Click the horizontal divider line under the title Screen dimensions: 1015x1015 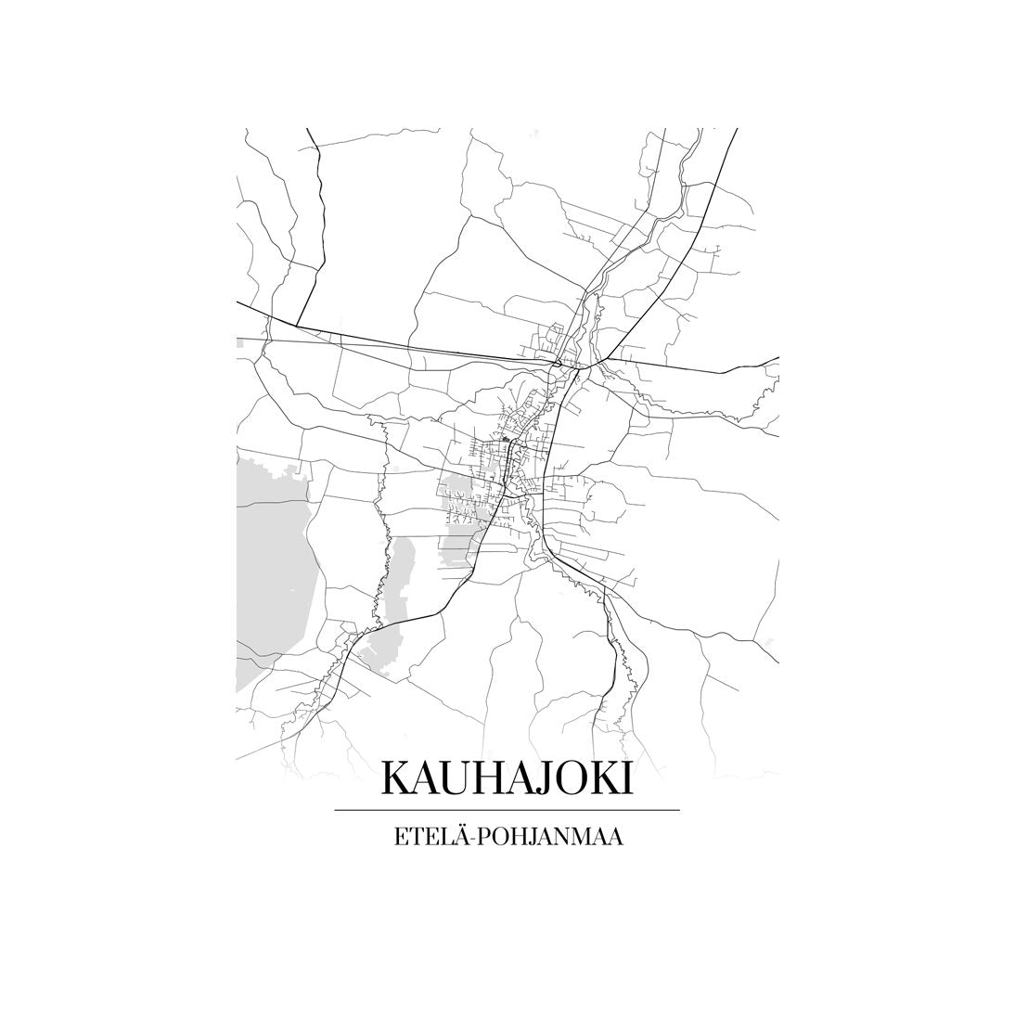(x=507, y=810)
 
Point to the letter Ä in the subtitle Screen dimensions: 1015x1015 (x=447, y=835)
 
